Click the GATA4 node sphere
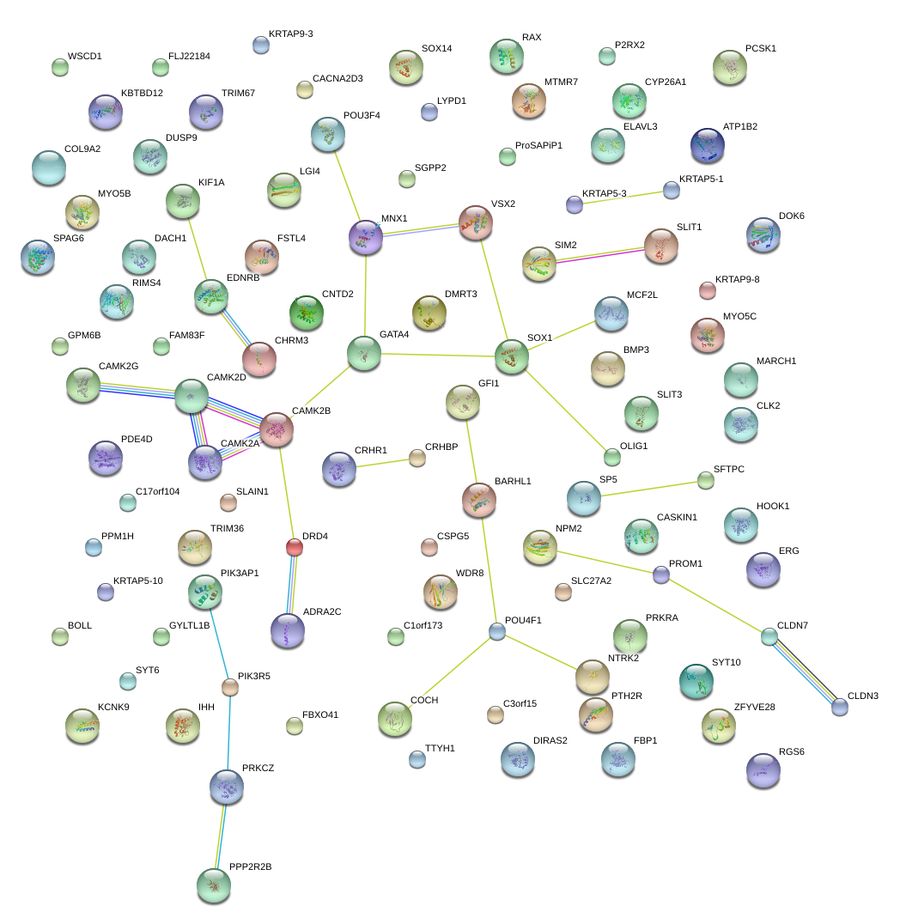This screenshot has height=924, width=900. pos(363,353)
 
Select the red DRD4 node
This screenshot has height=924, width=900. pos(294,546)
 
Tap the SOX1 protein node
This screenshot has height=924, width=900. pos(511,356)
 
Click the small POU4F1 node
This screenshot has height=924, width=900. pos(496,631)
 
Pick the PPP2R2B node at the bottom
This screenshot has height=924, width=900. pos(213,885)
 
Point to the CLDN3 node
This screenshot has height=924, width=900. pos(839,706)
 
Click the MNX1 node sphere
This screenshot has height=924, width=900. pos(366,236)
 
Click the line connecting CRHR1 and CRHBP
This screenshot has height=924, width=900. pos(385,463)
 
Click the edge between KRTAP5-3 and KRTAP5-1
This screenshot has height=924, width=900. pos(623,197)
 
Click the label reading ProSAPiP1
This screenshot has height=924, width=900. pos(538,145)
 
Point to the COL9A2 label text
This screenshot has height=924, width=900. pos(82,149)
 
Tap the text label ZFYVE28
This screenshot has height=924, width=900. pos(754,707)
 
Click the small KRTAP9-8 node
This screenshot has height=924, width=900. pos(707,290)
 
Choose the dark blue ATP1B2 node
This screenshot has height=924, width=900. pos(707,146)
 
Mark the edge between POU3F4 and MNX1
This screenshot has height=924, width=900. pos(347,184)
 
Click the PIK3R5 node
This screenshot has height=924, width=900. pos(229,686)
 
